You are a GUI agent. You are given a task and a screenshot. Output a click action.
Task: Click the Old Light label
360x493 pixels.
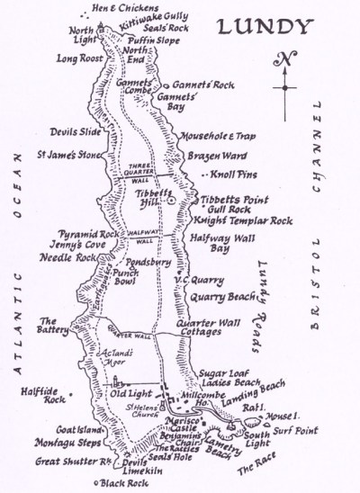pos(128,393)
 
